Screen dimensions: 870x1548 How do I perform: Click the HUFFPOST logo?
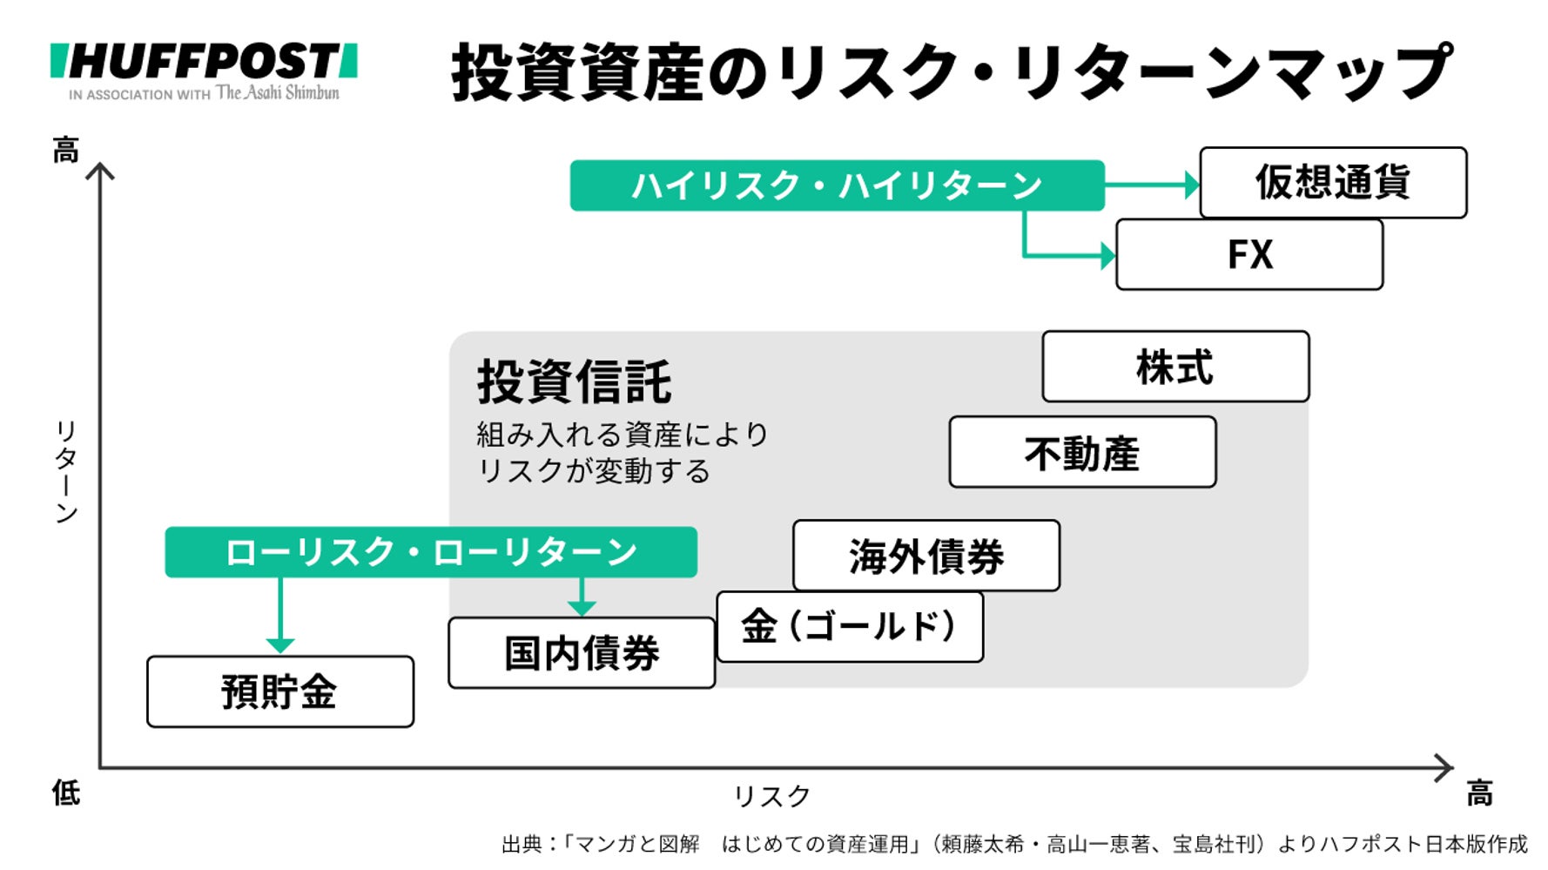click(204, 62)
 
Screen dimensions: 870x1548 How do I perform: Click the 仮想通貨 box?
click(1333, 183)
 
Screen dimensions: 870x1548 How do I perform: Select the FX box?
click(1249, 255)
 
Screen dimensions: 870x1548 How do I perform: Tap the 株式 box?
click(1175, 367)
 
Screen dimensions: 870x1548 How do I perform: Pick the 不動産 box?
click(1082, 452)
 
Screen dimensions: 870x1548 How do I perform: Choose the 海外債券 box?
click(926, 556)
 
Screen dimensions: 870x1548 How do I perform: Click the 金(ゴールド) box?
click(850, 627)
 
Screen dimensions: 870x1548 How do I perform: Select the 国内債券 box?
click(582, 653)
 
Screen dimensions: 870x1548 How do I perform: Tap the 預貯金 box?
click(280, 692)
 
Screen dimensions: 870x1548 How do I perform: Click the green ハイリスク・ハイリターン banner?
click(837, 185)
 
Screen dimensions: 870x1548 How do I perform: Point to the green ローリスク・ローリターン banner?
click(431, 552)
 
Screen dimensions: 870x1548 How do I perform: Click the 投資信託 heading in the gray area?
click(574, 381)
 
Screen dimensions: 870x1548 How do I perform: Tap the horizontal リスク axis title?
click(771, 796)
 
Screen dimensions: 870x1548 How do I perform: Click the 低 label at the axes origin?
click(66, 792)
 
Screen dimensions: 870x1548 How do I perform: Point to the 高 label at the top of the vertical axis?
click(66, 150)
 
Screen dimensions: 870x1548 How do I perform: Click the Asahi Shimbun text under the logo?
click(277, 92)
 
